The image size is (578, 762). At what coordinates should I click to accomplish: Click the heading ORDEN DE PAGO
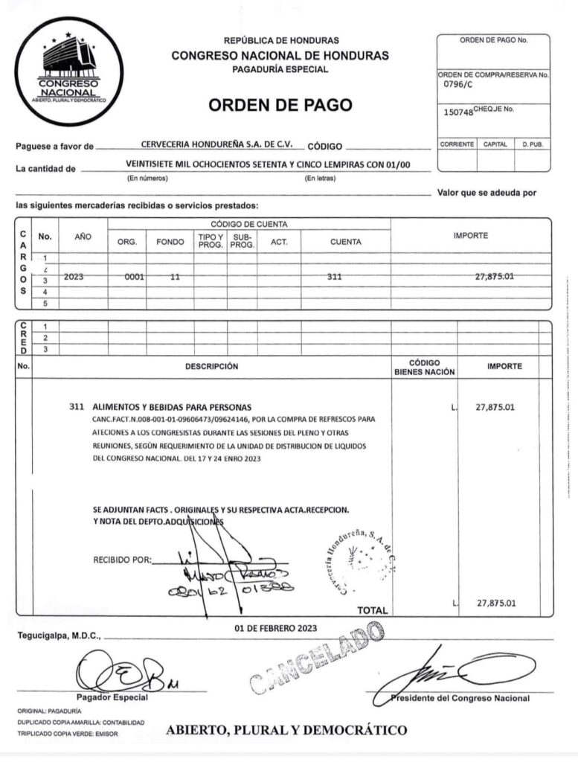[x=280, y=105]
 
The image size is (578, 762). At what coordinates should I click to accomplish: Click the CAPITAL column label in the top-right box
[x=495, y=144]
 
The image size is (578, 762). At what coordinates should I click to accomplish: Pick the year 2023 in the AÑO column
[x=74, y=277]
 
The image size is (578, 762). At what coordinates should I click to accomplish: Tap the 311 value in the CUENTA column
[x=334, y=277]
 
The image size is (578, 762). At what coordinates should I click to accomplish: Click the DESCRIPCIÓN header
[x=211, y=366]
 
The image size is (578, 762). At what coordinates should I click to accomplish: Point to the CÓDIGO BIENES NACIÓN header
[x=424, y=368]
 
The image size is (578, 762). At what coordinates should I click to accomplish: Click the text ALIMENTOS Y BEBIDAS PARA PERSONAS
[x=171, y=408]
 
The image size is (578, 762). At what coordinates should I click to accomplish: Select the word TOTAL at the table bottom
[x=373, y=610]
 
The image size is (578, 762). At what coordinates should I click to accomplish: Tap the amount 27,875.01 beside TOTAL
[x=496, y=603]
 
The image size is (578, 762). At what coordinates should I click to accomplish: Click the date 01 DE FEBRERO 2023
[x=275, y=628]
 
